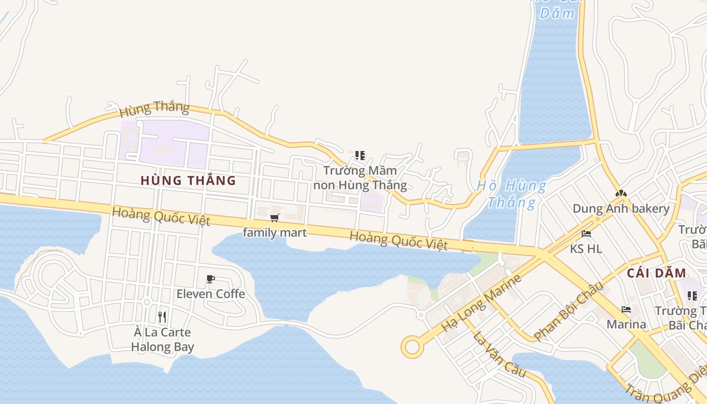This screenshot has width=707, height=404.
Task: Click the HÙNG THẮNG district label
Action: [188, 180]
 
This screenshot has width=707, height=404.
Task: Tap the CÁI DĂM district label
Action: [656, 274]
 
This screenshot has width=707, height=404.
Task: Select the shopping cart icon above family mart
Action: [274, 218]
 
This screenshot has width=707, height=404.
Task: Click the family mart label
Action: [275, 232]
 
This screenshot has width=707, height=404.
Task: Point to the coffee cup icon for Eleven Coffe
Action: [211, 279]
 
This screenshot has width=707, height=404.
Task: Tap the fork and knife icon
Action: [162, 317]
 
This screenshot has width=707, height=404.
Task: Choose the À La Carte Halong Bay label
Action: [163, 339]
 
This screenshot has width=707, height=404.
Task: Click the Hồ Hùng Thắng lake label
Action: [512, 194]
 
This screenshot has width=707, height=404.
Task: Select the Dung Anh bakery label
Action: [621, 209]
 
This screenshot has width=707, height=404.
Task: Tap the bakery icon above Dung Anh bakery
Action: [621, 193]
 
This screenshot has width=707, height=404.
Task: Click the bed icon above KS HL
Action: [586, 234]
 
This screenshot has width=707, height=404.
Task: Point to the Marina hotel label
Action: [626, 324]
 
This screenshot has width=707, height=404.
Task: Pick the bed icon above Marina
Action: [626, 309]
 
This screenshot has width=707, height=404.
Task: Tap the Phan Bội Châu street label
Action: [568, 311]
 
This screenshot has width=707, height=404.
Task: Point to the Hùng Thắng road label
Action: [155, 108]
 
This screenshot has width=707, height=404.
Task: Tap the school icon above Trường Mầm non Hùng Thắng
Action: [360, 156]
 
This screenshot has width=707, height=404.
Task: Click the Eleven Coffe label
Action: [211, 293]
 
